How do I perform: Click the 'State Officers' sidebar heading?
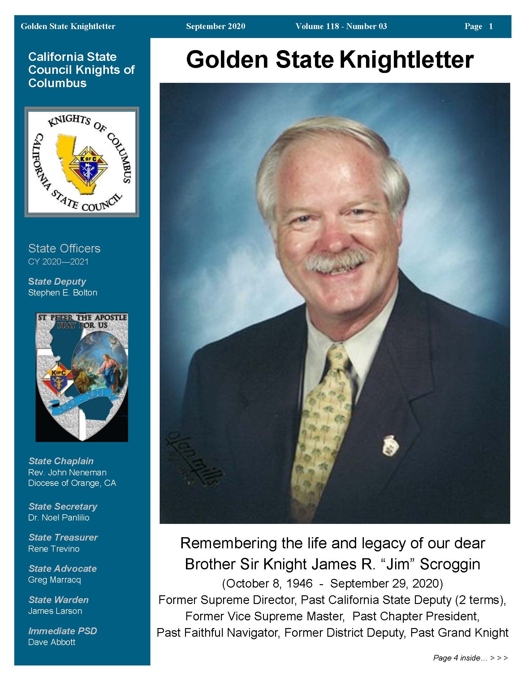tap(64, 249)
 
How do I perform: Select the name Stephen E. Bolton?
tap(63, 293)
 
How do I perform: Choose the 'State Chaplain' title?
tap(61, 461)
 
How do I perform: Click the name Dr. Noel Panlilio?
tap(59, 517)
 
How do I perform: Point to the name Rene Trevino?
tap(54, 549)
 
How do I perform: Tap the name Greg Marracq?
tap(54, 580)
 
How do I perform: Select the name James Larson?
tap(55, 611)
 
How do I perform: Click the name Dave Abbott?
tap(52, 642)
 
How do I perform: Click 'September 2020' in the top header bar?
tap(216, 27)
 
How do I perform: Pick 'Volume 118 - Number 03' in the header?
tap(341, 27)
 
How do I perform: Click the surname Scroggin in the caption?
tap(450, 564)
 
